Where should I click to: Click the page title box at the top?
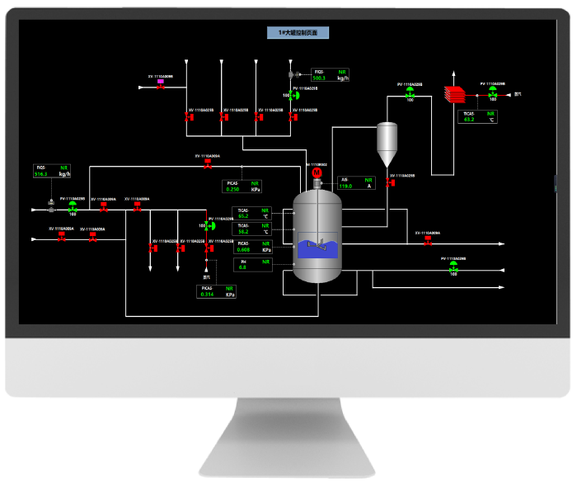[298, 33]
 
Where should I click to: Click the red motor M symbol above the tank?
[317, 172]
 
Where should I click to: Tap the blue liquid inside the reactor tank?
[317, 248]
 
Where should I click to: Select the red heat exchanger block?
[454, 93]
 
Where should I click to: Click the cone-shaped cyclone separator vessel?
[387, 144]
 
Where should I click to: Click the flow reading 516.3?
[41, 174]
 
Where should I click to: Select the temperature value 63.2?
[469, 120]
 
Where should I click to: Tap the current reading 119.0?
[346, 186]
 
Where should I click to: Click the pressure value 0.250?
[233, 189]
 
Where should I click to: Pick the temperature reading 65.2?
[243, 216]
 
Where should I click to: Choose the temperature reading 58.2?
[243, 232]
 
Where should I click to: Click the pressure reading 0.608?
[243, 249]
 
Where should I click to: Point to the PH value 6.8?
[242, 267]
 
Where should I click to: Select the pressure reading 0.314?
[208, 295]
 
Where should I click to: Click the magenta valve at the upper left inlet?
[160, 82]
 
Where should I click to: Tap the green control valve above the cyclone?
[410, 93]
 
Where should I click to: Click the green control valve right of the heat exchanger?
[492, 93]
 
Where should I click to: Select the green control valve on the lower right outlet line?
[453, 267]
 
